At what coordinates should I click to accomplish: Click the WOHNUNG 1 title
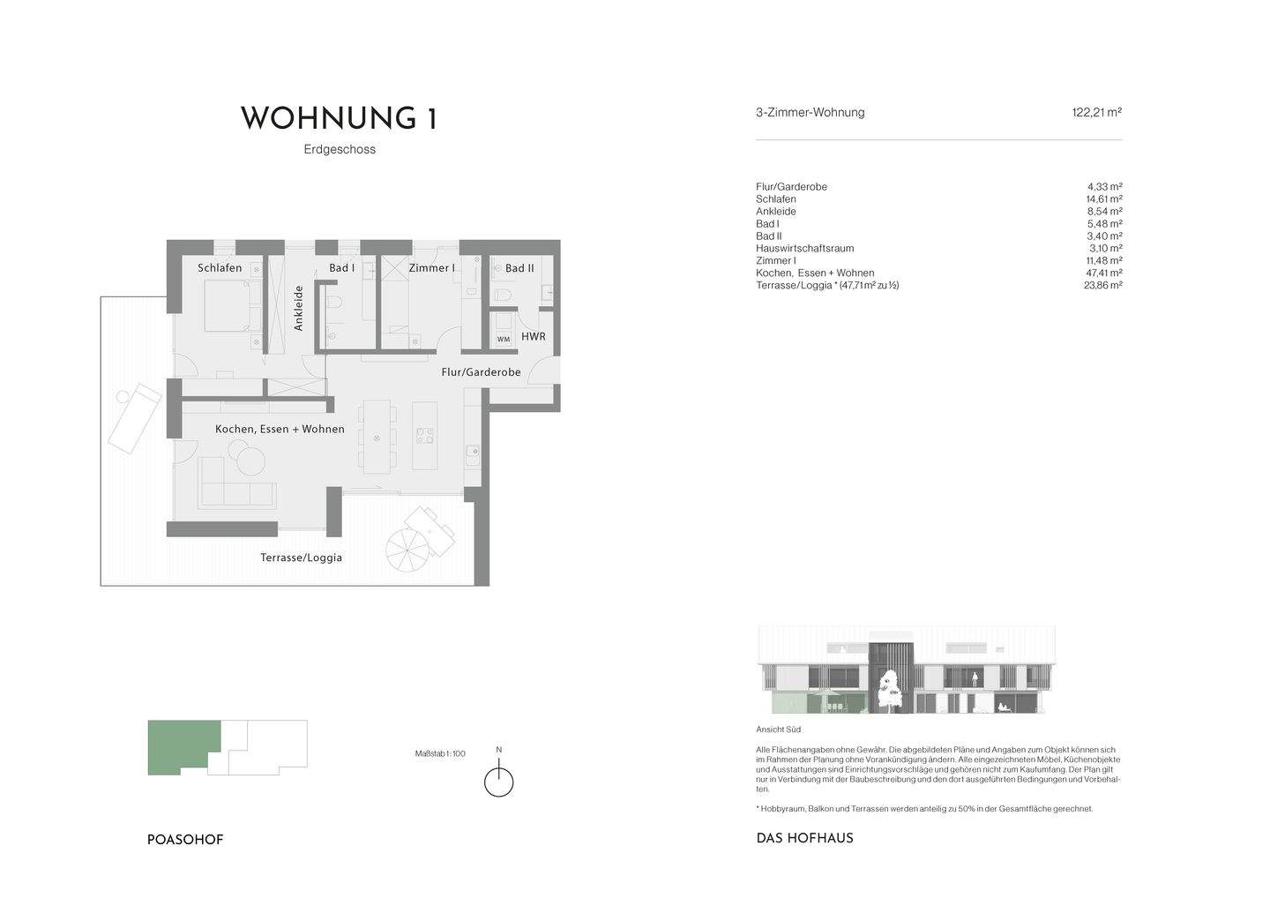[x=339, y=118]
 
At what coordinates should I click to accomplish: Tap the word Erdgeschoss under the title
[x=340, y=149]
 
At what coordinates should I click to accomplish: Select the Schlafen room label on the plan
[x=220, y=268]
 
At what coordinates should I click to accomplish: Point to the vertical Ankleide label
[x=298, y=308]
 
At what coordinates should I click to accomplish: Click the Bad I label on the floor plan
[x=342, y=268]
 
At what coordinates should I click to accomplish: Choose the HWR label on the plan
[x=533, y=337]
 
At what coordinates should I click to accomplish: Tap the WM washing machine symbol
[x=504, y=339]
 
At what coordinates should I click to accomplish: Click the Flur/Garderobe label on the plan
[x=481, y=372]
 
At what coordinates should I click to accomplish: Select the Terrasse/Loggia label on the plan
[x=301, y=558]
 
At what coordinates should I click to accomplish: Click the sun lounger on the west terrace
[x=134, y=416]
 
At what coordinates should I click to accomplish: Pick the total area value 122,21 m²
[x=1096, y=113]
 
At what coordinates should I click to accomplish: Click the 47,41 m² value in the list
[x=1103, y=273]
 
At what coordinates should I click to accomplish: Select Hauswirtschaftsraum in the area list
[x=804, y=249]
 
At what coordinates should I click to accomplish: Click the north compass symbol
[x=499, y=782]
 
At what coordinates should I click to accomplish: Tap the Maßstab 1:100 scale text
[x=439, y=753]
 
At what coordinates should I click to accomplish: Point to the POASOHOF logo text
[x=185, y=840]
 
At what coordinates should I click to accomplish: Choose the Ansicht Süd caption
[x=778, y=730]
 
